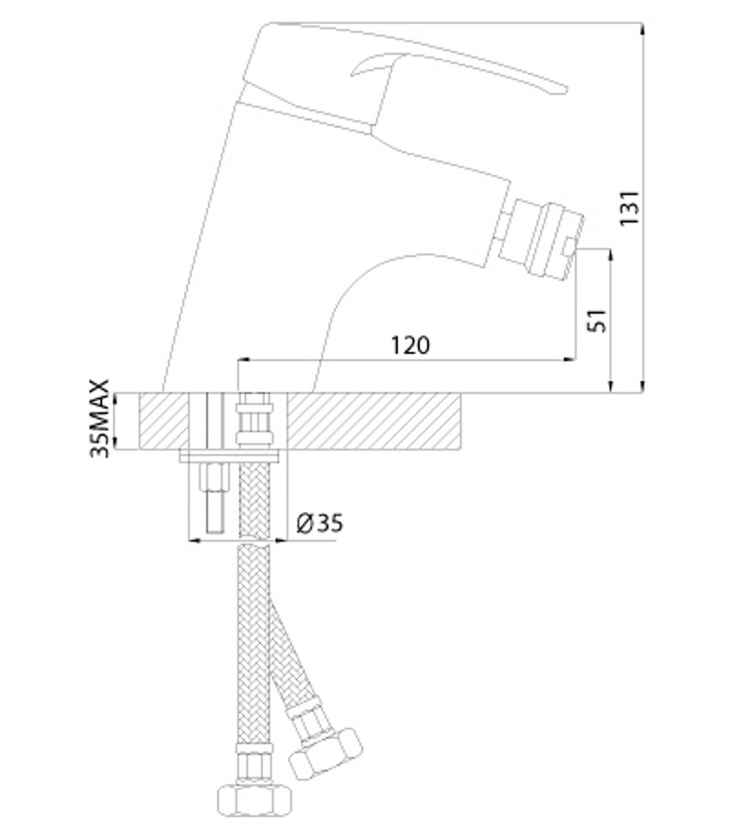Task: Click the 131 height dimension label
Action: coord(630,208)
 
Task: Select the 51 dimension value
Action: coord(597,320)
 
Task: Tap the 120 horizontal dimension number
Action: coord(411,345)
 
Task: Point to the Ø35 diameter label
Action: coord(319,523)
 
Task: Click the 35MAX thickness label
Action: coord(99,419)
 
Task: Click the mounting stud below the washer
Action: coord(216,498)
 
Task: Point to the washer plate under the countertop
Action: coord(229,456)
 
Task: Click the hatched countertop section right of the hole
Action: coord(373,421)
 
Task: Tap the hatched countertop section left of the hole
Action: coord(164,421)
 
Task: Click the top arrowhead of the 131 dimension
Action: coord(642,29)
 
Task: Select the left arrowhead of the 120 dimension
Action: coord(245,359)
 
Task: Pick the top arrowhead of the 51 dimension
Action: coord(610,255)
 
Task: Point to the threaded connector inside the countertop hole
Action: coord(255,420)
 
